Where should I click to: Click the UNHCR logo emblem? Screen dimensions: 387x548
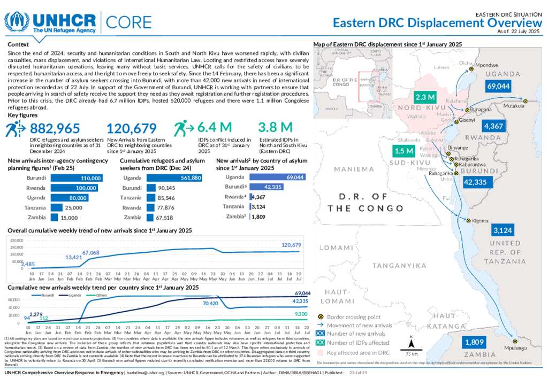[x=17, y=21]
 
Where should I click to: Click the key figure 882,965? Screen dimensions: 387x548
[x=55, y=128]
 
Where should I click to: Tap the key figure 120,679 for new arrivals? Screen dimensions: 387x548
[x=132, y=128]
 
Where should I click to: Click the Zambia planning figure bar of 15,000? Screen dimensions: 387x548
[x=54, y=217]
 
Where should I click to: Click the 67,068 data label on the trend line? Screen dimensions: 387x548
[x=90, y=252]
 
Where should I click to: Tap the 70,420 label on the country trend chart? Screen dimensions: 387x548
[x=211, y=303]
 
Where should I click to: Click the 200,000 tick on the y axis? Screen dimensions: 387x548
[x=17, y=241]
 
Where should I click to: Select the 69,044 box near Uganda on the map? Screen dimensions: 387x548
[x=498, y=86]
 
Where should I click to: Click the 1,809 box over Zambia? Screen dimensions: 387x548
[x=475, y=342]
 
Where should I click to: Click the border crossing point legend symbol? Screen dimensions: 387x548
[x=321, y=317]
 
